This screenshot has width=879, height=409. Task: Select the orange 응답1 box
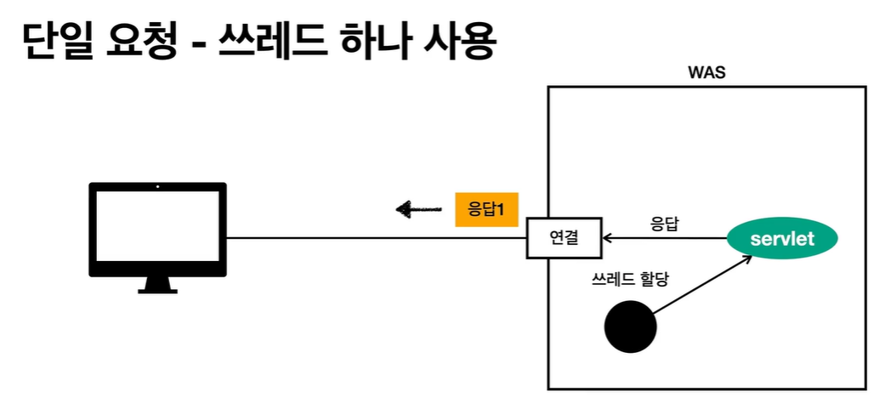pyautogui.click(x=486, y=208)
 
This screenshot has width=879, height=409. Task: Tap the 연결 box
pyautogui.click(x=564, y=237)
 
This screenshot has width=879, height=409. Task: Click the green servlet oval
pyautogui.click(x=782, y=239)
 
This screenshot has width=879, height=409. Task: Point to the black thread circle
pyautogui.click(x=630, y=327)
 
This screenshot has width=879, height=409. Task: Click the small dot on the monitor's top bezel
pyautogui.click(x=158, y=186)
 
